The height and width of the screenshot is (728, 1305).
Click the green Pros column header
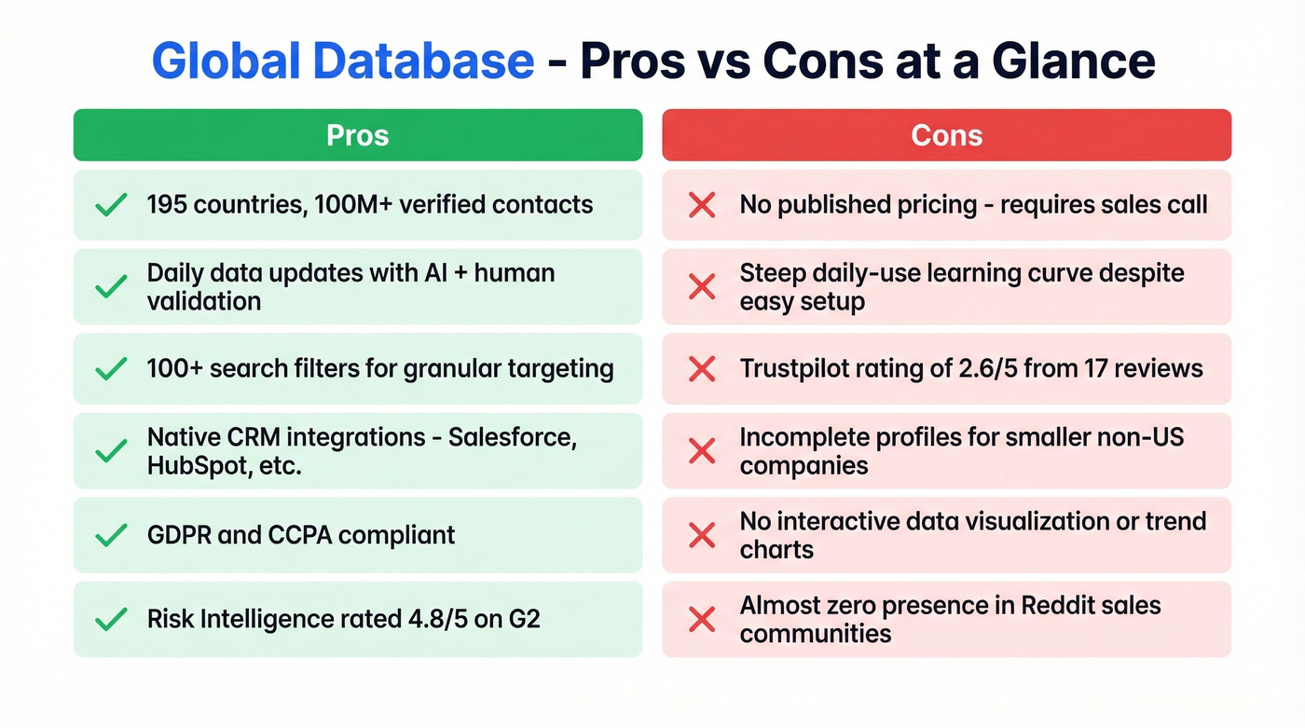pyautogui.click(x=358, y=135)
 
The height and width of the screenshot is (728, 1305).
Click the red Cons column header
pyautogui.click(x=946, y=135)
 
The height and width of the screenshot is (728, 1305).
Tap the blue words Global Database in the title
pyautogui.click(x=342, y=62)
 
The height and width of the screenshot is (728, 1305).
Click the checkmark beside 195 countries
pyautogui.click(x=112, y=205)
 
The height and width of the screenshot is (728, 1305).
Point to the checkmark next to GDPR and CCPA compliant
pyautogui.click(x=112, y=535)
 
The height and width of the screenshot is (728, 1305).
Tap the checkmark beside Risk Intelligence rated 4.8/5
pyautogui.click(x=112, y=619)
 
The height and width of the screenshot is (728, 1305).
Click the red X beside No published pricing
pyautogui.click(x=701, y=205)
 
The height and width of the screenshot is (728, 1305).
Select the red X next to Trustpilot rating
pyautogui.click(x=701, y=369)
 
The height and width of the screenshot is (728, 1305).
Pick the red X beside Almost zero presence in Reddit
pyautogui.click(x=701, y=619)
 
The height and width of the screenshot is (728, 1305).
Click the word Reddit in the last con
pyautogui.click(x=1066, y=605)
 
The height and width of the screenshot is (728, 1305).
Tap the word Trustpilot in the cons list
pyautogui.click(x=794, y=369)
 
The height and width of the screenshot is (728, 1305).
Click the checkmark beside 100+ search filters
pyautogui.click(x=112, y=369)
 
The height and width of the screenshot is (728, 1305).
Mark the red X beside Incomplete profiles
pyautogui.click(x=701, y=451)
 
